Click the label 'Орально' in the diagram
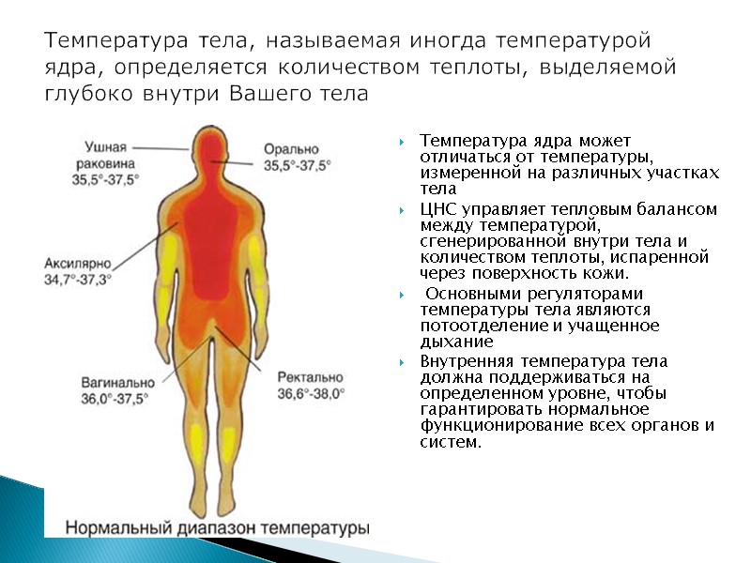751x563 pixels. tap(290, 148)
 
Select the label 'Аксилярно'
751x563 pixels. tap(76, 264)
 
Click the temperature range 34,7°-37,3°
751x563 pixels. tap(78, 279)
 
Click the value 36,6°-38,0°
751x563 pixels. tap(312, 394)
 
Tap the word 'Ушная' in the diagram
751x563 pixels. tap(106, 146)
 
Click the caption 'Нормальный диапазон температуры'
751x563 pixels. tap(218, 527)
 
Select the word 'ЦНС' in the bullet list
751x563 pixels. tap(437, 208)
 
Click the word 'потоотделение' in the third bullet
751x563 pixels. tap(470, 327)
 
